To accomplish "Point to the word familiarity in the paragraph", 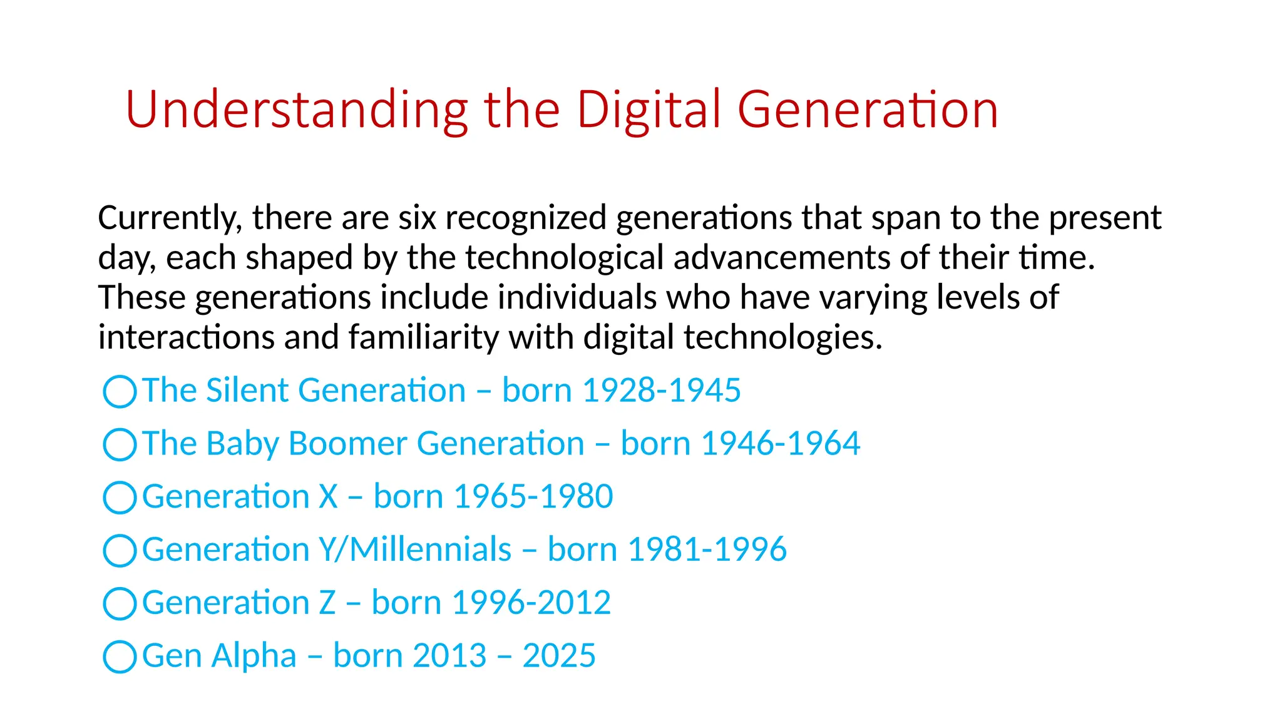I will coord(423,337).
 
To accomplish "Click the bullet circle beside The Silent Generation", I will coord(120,392).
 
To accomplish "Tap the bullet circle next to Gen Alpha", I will coord(120,657).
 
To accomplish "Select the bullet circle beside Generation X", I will coord(120,498).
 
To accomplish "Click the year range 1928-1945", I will coord(662,391).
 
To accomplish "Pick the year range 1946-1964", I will coord(781,444).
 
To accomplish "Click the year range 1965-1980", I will coord(533,497).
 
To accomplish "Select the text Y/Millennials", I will coord(415,550).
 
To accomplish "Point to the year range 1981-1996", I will coord(707,550).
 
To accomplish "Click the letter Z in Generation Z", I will coord(327,603).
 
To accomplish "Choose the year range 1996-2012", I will coord(531,603).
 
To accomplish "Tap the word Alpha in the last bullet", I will coord(254,657).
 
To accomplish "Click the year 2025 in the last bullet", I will coord(559,656).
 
